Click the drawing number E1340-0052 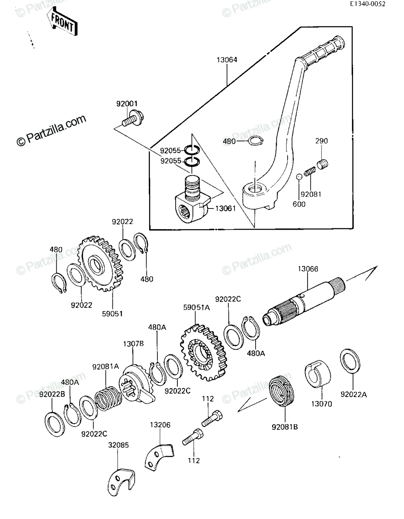[x=368, y=4]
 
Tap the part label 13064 [x=227, y=60]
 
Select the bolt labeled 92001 [x=133, y=119]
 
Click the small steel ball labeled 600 [x=299, y=177]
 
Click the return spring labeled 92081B [x=281, y=392]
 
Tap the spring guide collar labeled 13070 [x=317, y=373]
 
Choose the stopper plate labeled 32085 [x=120, y=483]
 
